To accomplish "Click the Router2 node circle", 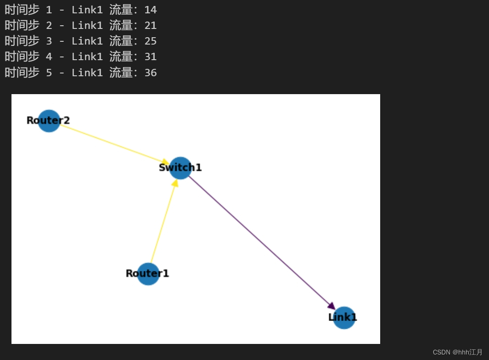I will [x=49, y=121].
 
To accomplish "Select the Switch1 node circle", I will [x=180, y=168].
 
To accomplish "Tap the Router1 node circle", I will [x=148, y=274].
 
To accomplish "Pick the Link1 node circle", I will [x=344, y=318].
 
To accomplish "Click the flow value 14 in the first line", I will [x=150, y=10].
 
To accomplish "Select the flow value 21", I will [x=150, y=25].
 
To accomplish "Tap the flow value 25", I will [x=150, y=41].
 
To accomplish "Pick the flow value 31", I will [x=150, y=56].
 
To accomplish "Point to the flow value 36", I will [x=150, y=73].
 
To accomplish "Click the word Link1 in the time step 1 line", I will [x=87, y=10].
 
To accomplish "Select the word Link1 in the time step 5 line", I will [x=87, y=73].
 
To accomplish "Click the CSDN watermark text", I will [x=457, y=352].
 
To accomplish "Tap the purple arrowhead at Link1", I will [x=332, y=306].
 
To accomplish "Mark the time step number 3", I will [x=49, y=41].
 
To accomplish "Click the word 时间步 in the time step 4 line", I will [x=22, y=56].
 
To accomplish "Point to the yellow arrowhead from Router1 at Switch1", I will [x=175, y=183].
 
